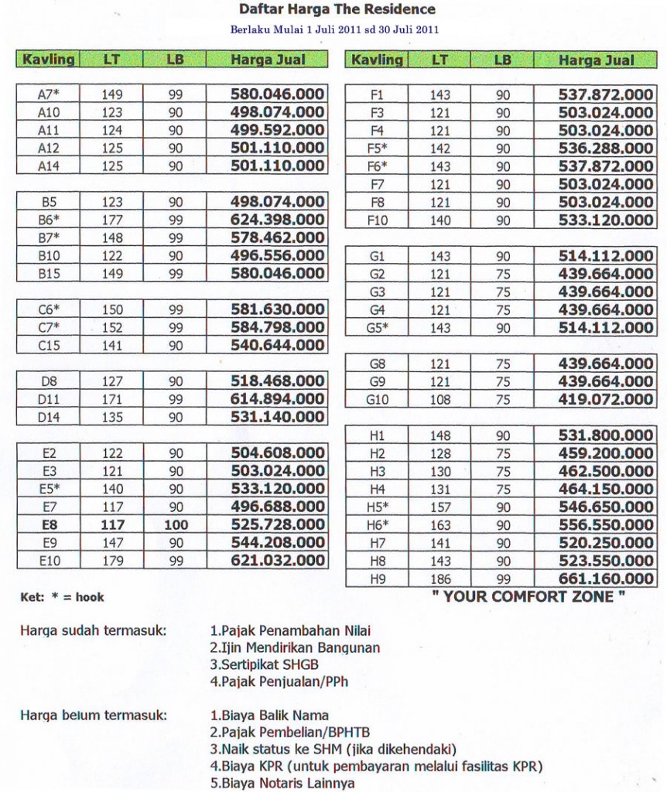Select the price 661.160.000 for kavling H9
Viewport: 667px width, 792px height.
[606, 579]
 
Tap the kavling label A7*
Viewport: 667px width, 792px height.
[49, 94]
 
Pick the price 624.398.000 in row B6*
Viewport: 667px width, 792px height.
[277, 220]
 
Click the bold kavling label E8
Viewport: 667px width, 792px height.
[49, 525]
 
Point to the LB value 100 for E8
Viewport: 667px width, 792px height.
[176, 525]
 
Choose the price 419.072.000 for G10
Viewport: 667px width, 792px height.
[606, 400]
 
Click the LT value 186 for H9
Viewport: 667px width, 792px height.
[440, 579]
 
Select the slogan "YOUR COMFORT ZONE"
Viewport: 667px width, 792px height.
[528, 596]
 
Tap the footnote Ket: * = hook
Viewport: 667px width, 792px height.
[62, 597]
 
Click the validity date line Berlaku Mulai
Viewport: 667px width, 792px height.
[335, 30]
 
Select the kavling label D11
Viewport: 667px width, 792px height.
[49, 399]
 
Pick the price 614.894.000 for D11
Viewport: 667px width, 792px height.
[277, 399]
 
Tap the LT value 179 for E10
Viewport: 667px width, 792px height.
[113, 561]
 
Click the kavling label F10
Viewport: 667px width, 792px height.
[377, 220]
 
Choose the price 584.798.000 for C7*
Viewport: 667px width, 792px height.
[277, 327]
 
